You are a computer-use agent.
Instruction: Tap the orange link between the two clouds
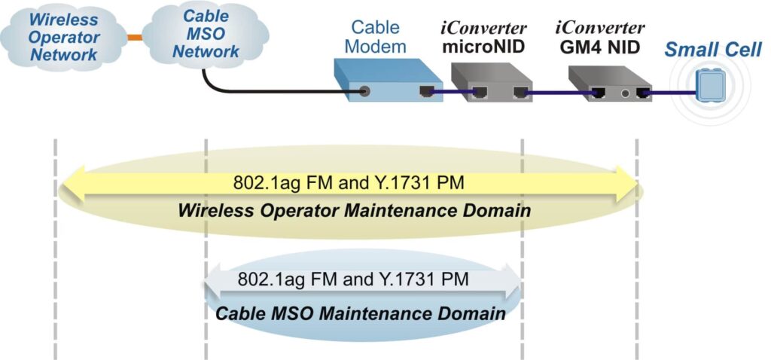[x=134, y=36]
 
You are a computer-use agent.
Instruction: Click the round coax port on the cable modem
[x=365, y=92]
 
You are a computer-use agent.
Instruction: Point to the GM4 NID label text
[x=600, y=46]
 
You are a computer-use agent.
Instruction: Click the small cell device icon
[x=708, y=84]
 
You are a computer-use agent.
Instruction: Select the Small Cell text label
[x=712, y=50]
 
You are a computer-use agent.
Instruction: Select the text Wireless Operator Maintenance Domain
[x=354, y=210]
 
